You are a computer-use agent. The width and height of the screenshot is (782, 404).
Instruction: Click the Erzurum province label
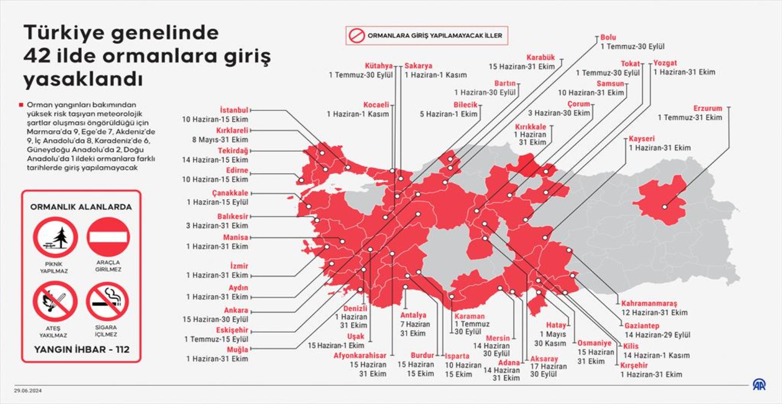click(707, 108)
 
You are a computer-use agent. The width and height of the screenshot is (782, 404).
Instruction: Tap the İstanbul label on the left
click(234, 110)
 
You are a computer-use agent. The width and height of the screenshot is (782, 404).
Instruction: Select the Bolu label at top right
click(608, 38)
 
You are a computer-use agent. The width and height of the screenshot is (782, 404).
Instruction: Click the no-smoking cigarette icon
click(107, 301)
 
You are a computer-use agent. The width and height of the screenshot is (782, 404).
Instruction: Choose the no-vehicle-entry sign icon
click(108, 237)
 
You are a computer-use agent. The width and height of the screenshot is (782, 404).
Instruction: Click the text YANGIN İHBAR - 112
click(81, 349)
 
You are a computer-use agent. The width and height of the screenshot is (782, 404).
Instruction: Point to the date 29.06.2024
click(28, 390)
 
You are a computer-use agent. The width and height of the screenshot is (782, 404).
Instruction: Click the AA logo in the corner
click(759, 385)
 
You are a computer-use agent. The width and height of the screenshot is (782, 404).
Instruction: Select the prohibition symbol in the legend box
click(357, 36)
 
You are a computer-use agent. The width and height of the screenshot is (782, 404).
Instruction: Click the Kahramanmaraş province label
click(648, 303)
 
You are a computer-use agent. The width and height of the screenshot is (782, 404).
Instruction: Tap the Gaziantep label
click(642, 325)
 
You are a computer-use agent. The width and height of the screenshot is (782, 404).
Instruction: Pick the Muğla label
click(237, 349)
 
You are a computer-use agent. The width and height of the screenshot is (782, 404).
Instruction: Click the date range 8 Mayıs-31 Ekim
click(220, 140)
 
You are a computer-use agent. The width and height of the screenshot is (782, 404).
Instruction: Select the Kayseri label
click(641, 139)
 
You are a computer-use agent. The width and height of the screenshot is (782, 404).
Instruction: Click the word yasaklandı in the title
click(83, 80)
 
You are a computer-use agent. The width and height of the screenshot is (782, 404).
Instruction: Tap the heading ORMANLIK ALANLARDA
click(81, 207)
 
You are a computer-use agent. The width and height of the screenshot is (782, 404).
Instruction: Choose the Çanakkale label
click(230, 193)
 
